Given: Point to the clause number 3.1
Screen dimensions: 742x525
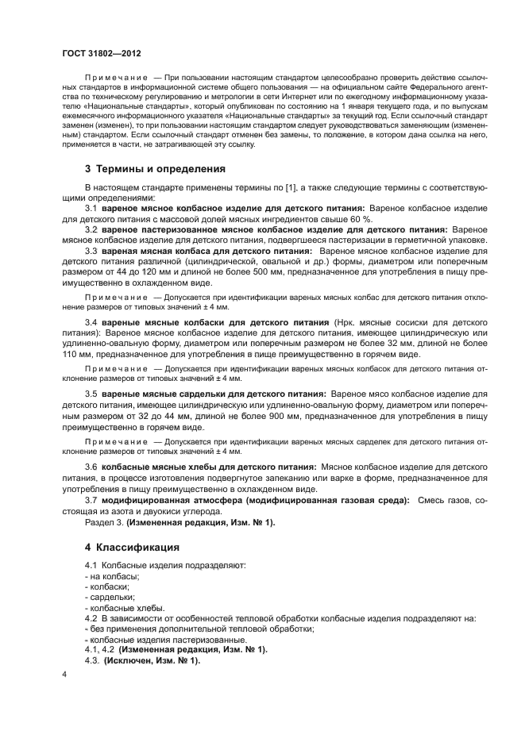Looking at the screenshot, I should [91, 207].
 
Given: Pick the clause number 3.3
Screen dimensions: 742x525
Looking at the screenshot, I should [91, 251].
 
